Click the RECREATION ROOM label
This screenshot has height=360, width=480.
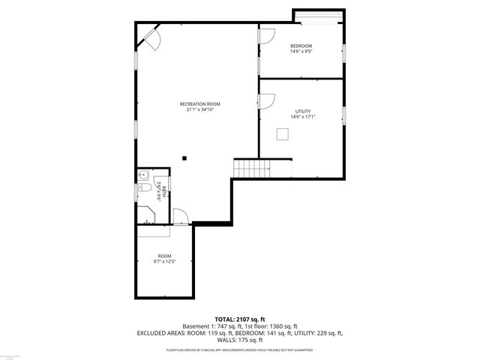coord(200,103)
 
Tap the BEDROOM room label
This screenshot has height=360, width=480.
coord(301,46)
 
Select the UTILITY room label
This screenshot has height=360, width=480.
coord(302,111)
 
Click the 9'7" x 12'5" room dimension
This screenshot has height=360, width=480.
coord(164,261)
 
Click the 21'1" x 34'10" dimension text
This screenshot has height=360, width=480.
coord(200,109)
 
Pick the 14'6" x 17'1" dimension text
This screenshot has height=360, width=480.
coord(302,116)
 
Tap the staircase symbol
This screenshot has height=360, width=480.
coord(252,169)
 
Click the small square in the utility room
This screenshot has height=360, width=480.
coord(283,133)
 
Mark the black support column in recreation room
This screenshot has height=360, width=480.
coord(183,157)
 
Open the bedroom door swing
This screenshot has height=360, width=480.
coord(266,35)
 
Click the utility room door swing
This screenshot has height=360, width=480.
coord(268,100)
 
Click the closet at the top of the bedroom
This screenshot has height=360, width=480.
coord(319,17)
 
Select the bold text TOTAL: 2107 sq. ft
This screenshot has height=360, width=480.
coord(239,319)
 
